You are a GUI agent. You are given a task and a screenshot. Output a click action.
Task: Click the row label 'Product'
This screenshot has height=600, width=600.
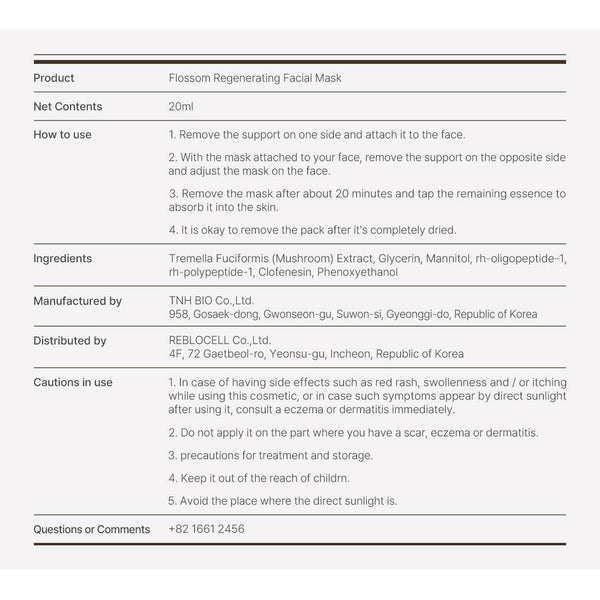click(x=54, y=78)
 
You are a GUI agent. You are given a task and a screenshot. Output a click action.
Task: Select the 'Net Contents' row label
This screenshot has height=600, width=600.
click(x=67, y=106)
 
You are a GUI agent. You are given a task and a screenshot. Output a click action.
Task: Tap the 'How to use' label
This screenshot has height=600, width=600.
click(x=63, y=134)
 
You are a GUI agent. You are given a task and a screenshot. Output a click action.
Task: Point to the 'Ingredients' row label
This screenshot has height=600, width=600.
click(x=63, y=258)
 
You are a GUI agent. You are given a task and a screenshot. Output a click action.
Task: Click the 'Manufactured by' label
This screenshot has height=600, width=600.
click(x=78, y=300)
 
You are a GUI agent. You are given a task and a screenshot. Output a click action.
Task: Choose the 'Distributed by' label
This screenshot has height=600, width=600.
click(x=70, y=341)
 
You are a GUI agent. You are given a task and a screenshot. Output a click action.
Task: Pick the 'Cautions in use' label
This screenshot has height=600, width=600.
click(x=73, y=382)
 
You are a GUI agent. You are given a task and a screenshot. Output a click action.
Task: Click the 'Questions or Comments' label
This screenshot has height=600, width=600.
click(x=91, y=529)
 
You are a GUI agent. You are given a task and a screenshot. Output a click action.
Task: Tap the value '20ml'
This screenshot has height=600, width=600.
click(x=181, y=106)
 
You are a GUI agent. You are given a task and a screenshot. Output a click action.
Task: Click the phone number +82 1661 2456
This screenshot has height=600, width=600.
click(x=207, y=529)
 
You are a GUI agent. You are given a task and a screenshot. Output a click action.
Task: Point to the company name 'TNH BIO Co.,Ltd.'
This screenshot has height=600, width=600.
click(x=210, y=300)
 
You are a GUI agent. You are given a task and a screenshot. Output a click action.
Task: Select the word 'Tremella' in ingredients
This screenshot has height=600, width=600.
click(x=191, y=258)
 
